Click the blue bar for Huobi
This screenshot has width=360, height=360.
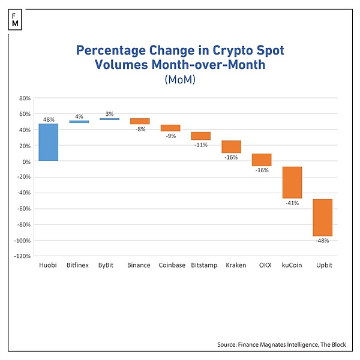pos(49,142)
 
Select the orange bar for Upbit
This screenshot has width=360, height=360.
pos(322,218)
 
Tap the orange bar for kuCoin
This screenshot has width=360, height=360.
pos(292,182)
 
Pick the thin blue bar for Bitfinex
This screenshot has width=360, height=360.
pos(79,122)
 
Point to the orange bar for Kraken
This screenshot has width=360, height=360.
pos(231,147)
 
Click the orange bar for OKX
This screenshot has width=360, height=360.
pos(262,160)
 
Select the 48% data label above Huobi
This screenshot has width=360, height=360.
pos(49,119)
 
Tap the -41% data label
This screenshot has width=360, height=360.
pos(292,203)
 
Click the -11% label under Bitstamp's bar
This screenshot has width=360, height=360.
pos(201,145)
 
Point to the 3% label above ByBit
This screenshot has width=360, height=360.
pos(109,113)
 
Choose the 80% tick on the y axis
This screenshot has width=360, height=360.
pos(25,98)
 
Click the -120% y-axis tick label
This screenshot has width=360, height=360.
pos(23,256)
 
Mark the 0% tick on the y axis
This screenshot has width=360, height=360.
pos(26,161)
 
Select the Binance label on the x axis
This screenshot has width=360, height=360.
pos(139,265)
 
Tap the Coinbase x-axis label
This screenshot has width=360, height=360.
pos(170,265)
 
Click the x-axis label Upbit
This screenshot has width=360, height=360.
pos(323,265)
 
